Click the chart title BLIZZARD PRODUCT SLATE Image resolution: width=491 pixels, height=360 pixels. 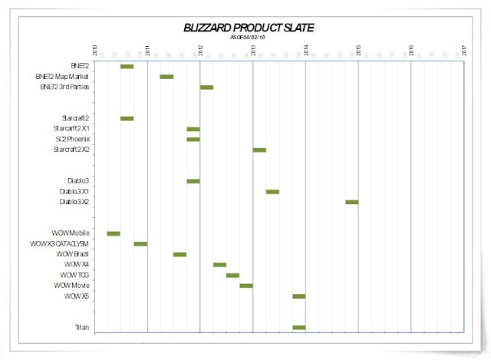(x=249, y=28)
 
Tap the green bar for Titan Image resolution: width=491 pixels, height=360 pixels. (x=298, y=328)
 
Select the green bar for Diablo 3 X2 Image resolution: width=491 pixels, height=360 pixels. (x=351, y=202)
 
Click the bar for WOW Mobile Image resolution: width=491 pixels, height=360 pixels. (x=114, y=233)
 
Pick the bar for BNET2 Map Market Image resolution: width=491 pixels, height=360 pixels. (x=166, y=77)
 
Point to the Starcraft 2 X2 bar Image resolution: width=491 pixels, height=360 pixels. (x=259, y=150)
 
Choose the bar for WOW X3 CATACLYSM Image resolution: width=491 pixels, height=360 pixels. (x=140, y=243)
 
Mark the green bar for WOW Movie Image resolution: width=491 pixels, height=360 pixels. (x=245, y=286)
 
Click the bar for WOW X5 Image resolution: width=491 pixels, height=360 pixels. (x=298, y=296)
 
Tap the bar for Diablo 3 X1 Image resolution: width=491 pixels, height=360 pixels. (x=272, y=192)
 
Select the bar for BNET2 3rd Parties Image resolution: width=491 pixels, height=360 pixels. (x=206, y=88)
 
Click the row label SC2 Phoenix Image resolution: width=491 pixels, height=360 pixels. (x=73, y=139)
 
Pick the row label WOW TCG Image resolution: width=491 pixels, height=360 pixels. (x=77, y=275)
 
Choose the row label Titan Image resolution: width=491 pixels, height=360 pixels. (x=82, y=328)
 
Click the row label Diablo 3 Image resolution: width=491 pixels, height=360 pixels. (x=78, y=180)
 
